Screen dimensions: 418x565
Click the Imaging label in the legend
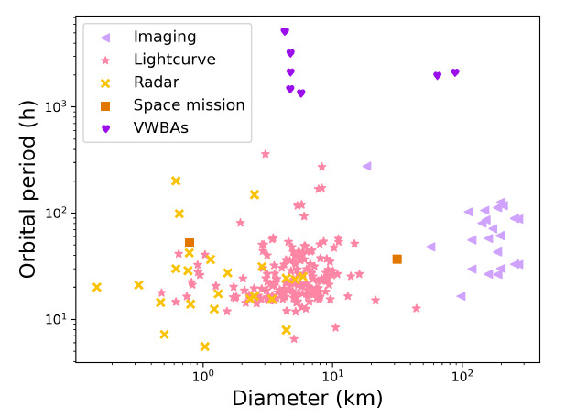pyautogui.click(x=165, y=37)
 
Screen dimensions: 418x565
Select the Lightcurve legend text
pyautogui.click(x=174, y=60)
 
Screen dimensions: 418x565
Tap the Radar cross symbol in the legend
pyautogui.click(x=105, y=82)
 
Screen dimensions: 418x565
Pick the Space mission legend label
pyautogui.click(x=189, y=105)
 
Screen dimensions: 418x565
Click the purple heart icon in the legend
pyautogui.click(x=105, y=128)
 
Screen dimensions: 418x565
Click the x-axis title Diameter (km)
pyautogui.click(x=307, y=398)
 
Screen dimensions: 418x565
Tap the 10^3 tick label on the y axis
pyautogui.click(x=58, y=106)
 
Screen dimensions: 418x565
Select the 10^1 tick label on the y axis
pyautogui.click(x=58, y=319)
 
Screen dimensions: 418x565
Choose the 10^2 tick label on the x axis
pyautogui.click(x=462, y=374)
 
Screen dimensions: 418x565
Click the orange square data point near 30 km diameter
pyautogui.click(x=397, y=259)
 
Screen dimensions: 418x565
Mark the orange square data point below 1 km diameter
pyautogui.click(x=190, y=244)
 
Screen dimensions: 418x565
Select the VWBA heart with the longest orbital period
pyautogui.click(x=285, y=31)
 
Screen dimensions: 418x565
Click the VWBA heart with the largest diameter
pyautogui.click(x=455, y=72)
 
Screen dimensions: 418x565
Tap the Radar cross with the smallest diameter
pyautogui.click(x=96, y=287)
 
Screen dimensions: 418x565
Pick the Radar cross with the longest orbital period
pyautogui.click(x=176, y=181)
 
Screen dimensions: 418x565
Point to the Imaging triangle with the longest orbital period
pyautogui.click(x=366, y=166)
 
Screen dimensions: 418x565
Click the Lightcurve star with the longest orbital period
pyautogui.click(x=266, y=154)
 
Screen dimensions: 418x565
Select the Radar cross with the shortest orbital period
pyautogui.click(x=204, y=346)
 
